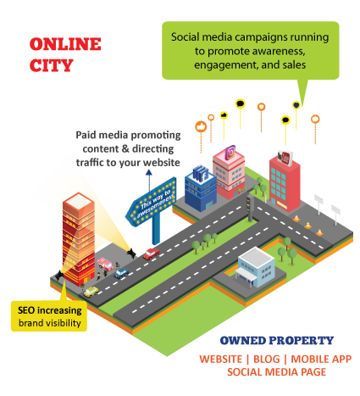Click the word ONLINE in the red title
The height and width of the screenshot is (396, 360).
pyautogui.click(x=65, y=44)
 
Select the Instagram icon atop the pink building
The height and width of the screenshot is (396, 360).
pyautogui.click(x=230, y=153)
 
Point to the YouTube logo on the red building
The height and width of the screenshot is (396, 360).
pyautogui.click(x=285, y=158)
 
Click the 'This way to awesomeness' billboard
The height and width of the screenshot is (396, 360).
pyautogui.click(x=151, y=201)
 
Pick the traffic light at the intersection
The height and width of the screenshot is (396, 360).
pyautogui.click(x=250, y=207)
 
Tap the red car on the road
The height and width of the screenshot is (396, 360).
pyautogui.click(x=151, y=254)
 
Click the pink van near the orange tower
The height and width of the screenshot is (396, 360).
pyautogui.click(x=105, y=264)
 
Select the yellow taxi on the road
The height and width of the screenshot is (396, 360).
pyautogui.click(x=91, y=292)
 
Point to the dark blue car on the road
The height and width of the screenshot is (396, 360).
pyautogui.click(x=121, y=273)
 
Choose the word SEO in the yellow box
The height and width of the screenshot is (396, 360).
pyautogui.click(x=26, y=310)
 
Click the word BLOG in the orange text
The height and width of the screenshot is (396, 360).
pyautogui.click(x=266, y=359)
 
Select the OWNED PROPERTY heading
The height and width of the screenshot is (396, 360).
pyautogui.click(x=277, y=341)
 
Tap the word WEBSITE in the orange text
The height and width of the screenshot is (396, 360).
pyautogui.click(x=220, y=359)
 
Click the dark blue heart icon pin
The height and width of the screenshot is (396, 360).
pyautogui.click(x=296, y=105)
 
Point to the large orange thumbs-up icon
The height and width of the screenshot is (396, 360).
pyautogui.click(x=201, y=126)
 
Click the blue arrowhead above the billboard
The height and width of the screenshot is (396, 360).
pyautogui.click(x=149, y=172)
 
